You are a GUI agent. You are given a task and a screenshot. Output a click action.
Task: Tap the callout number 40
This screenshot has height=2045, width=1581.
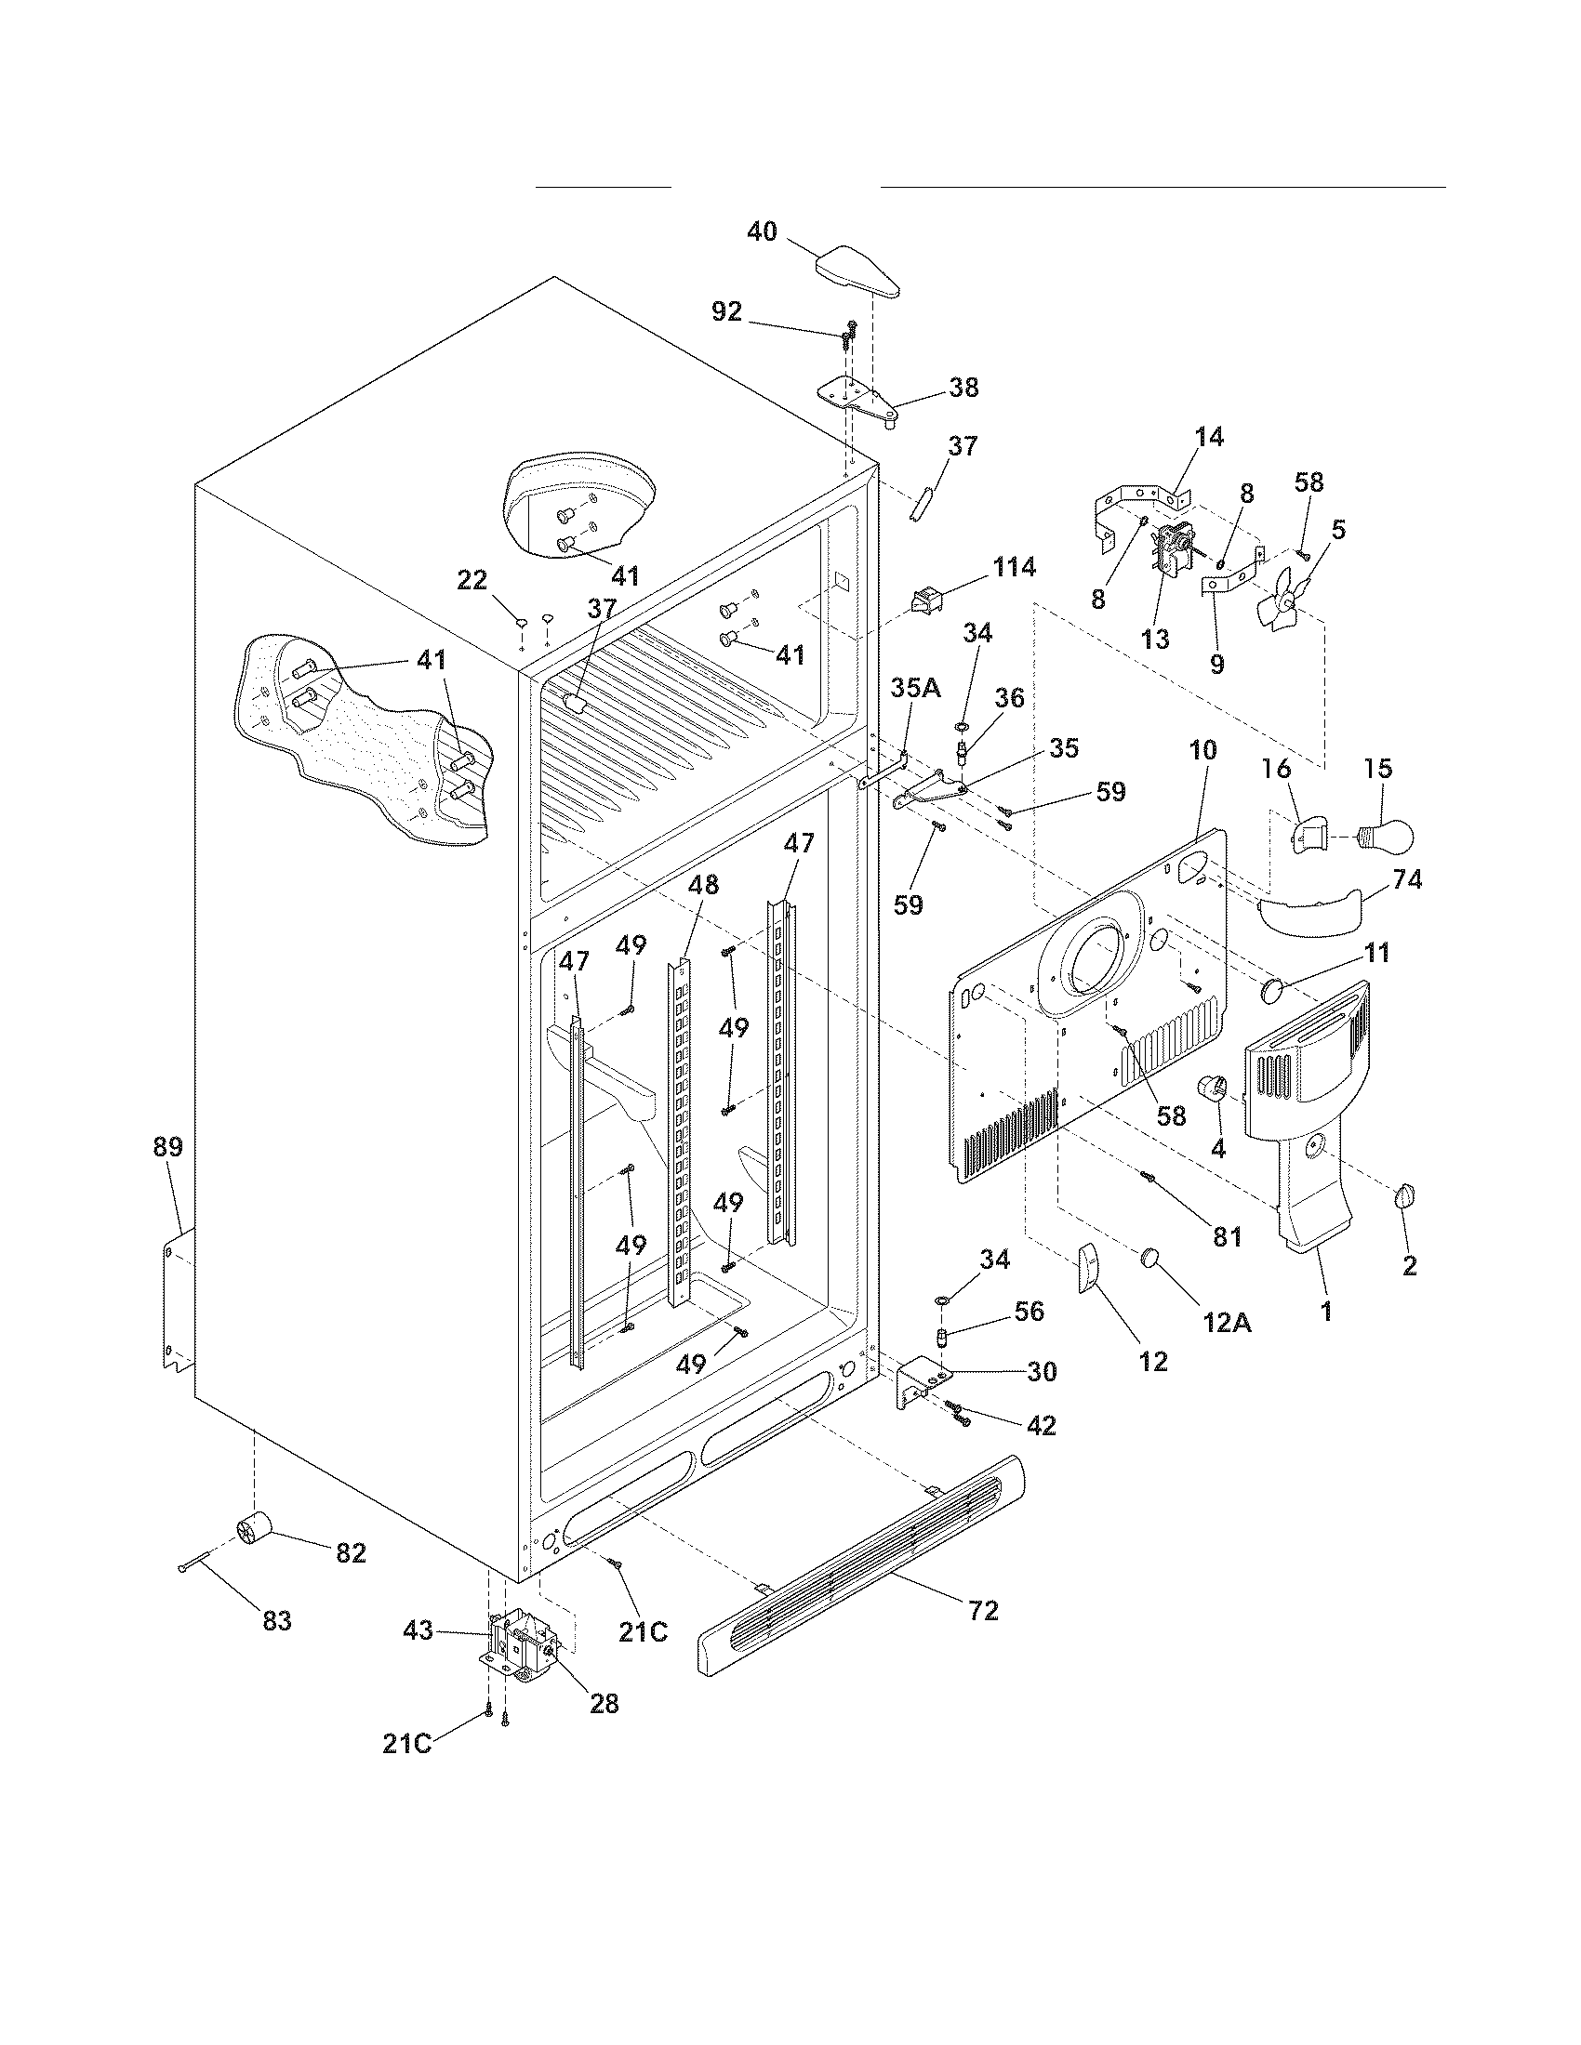762,231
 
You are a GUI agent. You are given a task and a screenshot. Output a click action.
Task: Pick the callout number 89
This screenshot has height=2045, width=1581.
168,1147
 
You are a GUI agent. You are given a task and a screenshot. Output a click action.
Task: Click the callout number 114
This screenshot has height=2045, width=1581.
1015,566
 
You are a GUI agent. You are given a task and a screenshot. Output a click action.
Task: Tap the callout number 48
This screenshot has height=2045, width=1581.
703,884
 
